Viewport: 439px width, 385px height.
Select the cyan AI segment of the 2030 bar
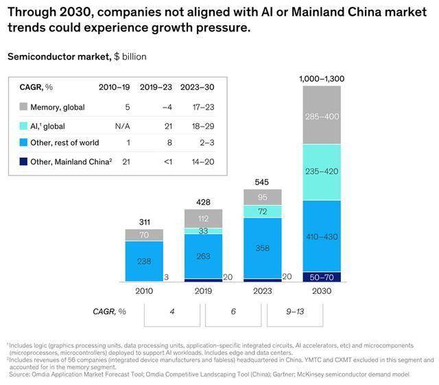[x=322, y=172]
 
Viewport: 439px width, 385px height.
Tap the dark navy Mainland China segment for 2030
[x=322, y=276]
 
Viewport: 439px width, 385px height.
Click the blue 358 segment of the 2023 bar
[x=262, y=247]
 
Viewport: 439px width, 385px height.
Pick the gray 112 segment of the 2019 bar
[x=203, y=219]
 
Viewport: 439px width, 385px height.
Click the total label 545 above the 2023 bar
[x=262, y=183]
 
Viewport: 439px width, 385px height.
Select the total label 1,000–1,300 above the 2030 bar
[x=322, y=79]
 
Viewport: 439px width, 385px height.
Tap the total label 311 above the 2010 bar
[x=144, y=223]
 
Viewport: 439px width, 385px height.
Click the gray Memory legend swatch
[x=24, y=107]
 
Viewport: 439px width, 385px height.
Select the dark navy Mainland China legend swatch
[x=24, y=160]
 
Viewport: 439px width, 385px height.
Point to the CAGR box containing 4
[x=173, y=311]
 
